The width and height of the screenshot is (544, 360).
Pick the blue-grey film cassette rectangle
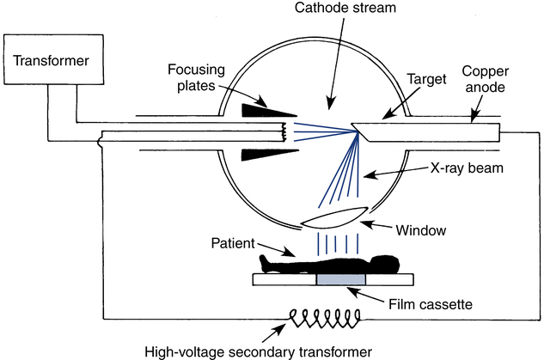tap(342, 279)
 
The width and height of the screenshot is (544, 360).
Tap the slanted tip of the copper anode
tap(362, 131)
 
